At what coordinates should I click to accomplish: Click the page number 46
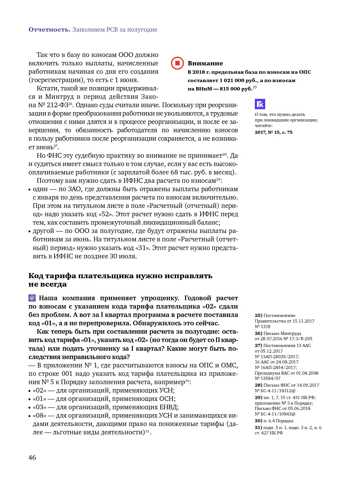point(32,457)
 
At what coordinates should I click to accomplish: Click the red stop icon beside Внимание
point(177,63)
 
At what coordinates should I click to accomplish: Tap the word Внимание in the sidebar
point(205,63)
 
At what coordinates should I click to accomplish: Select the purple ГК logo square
point(260,104)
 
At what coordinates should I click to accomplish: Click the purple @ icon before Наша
point(32,298)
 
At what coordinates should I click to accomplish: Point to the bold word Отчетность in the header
point(49,29)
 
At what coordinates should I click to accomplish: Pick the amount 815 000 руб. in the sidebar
point(236,89)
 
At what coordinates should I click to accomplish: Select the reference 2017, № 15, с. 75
point(273,132)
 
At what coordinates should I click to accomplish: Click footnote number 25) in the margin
point(258,315)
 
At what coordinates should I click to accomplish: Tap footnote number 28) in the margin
point(258,385)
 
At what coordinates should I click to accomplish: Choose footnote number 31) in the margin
point(258,428)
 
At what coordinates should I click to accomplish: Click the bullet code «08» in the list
point(40,415)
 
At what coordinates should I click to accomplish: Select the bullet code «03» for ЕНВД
point(40,407)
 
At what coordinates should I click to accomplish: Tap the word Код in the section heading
point(36,276)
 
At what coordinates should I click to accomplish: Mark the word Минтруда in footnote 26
point(291,333)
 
